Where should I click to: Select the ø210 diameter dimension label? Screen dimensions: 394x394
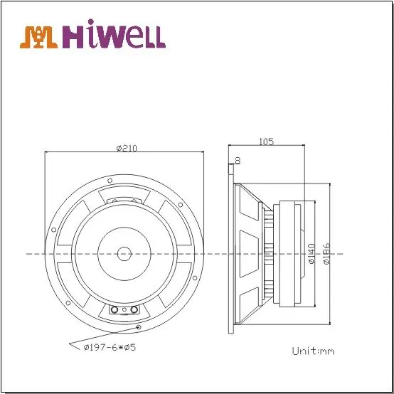126,148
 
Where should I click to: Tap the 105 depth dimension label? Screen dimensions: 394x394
266,142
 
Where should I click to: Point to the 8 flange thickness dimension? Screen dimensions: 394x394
237,160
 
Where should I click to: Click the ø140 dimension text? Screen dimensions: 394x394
310,253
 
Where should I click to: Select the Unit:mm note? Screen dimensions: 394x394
313,351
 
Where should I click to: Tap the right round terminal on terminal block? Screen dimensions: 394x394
132,311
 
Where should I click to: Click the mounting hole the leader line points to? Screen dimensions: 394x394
137,326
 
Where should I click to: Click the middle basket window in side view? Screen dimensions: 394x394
249,253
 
